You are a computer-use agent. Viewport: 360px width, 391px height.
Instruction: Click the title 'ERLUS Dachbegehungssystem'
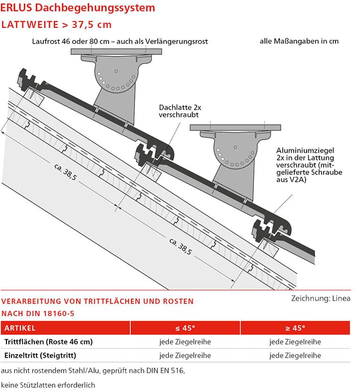click(x=78, y=8)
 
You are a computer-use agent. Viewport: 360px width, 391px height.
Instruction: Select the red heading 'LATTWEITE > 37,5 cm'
click(x=57, y=25)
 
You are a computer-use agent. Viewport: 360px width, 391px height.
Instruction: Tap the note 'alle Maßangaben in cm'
click(x=299, y=41)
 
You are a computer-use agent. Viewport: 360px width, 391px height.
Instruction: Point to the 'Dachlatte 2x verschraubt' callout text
click(x=179, y=111)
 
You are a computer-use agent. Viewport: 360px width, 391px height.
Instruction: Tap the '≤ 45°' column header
click(x=185, y=328)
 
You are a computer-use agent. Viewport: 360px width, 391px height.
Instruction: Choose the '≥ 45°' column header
click(x=295, y=328)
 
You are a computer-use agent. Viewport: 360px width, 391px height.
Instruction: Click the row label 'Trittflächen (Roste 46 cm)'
click(x=49, y=342)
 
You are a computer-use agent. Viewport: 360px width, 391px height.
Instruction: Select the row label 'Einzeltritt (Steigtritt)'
click(x=40, y=355)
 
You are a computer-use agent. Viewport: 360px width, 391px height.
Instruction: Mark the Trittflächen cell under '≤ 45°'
click(x=185, y=342)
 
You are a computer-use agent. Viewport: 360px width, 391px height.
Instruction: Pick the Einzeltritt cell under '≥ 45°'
click(x=295, y=355)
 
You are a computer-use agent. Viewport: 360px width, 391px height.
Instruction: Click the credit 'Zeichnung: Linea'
click(x=321, y=298)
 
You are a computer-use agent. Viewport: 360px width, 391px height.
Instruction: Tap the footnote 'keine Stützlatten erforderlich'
click(x=48, y=385)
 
